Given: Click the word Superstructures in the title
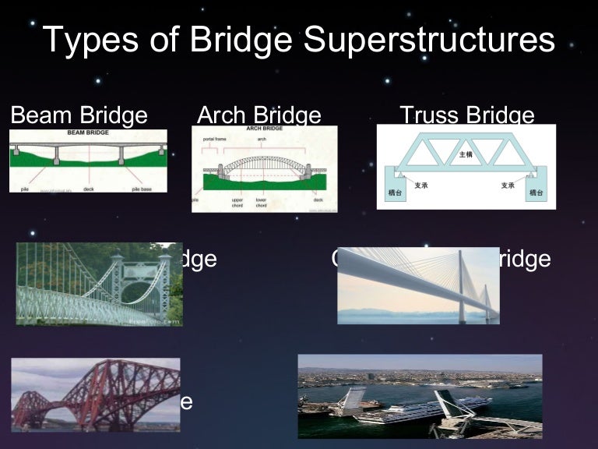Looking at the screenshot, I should point(429,41).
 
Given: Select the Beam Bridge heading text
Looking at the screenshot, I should point(79,116).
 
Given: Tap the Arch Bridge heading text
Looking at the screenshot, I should point(259,116).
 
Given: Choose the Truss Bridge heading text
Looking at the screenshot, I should point(466,116).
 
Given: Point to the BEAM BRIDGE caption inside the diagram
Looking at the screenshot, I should point(86,133).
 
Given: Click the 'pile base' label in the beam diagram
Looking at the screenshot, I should point(141,188).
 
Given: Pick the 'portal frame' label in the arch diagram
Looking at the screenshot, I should point(214,140).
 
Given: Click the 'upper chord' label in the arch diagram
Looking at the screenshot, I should point(237,202).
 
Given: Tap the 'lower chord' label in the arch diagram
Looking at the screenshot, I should point(260,202).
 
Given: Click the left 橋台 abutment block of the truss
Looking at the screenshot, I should point(394,191).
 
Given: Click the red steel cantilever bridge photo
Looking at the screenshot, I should point(96,394).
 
